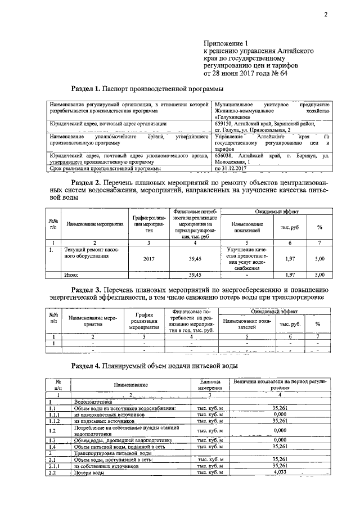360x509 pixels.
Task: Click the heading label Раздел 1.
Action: [85, 89]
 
